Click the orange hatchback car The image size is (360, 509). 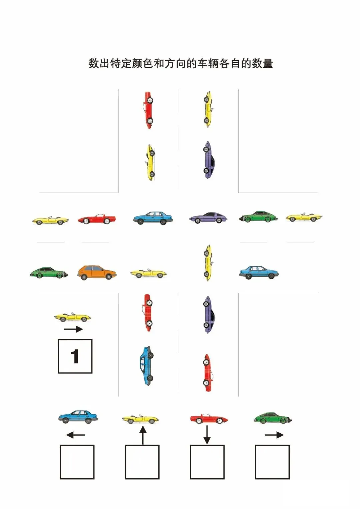point(97,272)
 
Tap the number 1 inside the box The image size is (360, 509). point(75,356)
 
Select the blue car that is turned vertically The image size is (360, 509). point(147,366)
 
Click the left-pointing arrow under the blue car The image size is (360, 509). point(76,435)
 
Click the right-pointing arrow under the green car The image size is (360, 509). point(274,435)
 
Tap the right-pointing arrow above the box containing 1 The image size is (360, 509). point(73,329)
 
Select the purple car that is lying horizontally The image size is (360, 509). point(208,218)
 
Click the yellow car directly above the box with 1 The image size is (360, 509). point(73,317)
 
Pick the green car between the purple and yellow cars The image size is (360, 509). point(258,217)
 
